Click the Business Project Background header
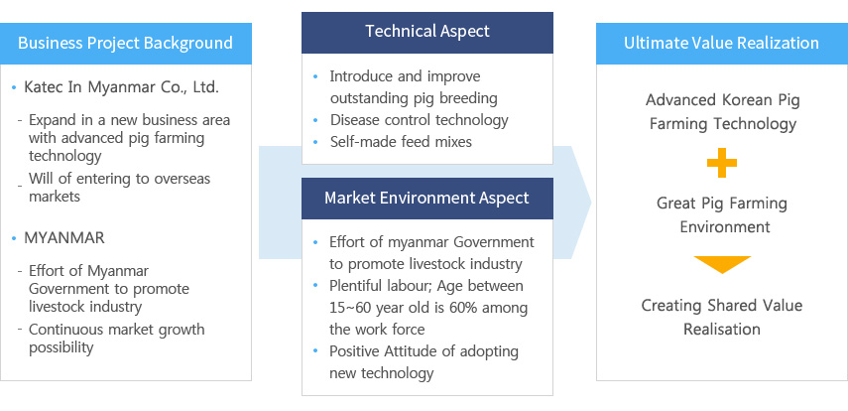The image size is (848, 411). click(126, 44)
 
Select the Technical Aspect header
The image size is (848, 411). click(427, 33)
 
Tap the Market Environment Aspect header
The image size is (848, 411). click(427, 199)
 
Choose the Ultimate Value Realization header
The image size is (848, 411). click(722, 44)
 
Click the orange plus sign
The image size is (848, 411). click(722, 163)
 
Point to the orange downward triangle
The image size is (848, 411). click(722, 264)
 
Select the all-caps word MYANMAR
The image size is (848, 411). click(64, 237)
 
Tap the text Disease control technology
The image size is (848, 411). click(420, 120)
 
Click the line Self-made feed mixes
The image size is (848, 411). click(401, 142)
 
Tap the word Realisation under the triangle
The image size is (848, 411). click(722, 330)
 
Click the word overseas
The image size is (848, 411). click(182, 179)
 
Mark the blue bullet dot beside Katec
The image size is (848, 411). click(14, 87)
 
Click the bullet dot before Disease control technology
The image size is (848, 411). click(315, 120)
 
